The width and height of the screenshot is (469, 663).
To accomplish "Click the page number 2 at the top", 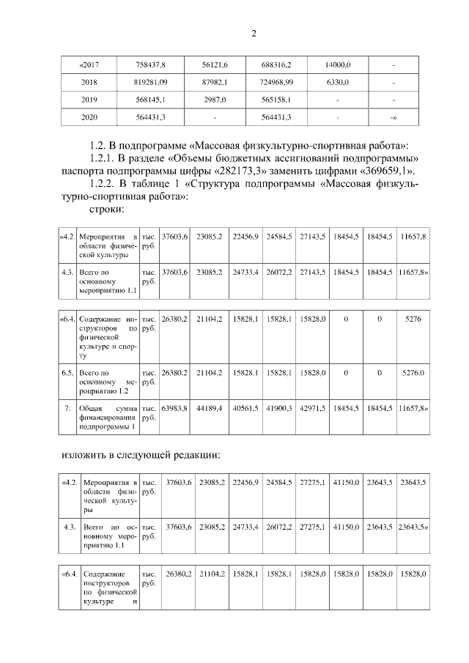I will click(x=254, y=33).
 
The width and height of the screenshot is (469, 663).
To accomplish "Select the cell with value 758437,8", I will click(x=152, y=66).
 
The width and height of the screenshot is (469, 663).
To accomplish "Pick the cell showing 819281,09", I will click(x=152, y=83).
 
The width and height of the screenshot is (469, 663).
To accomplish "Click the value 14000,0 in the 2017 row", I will click(x=336, y=66).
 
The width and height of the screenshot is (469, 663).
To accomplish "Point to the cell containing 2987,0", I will click(x=215, y=100).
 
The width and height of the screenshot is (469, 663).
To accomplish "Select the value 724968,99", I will click(x=276, y=83).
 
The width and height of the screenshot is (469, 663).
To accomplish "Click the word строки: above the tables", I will click(x=106, y=210).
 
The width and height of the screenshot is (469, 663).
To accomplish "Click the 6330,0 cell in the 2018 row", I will click(x=336, y=83).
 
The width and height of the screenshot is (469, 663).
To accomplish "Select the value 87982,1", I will click(x=215, y=83).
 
